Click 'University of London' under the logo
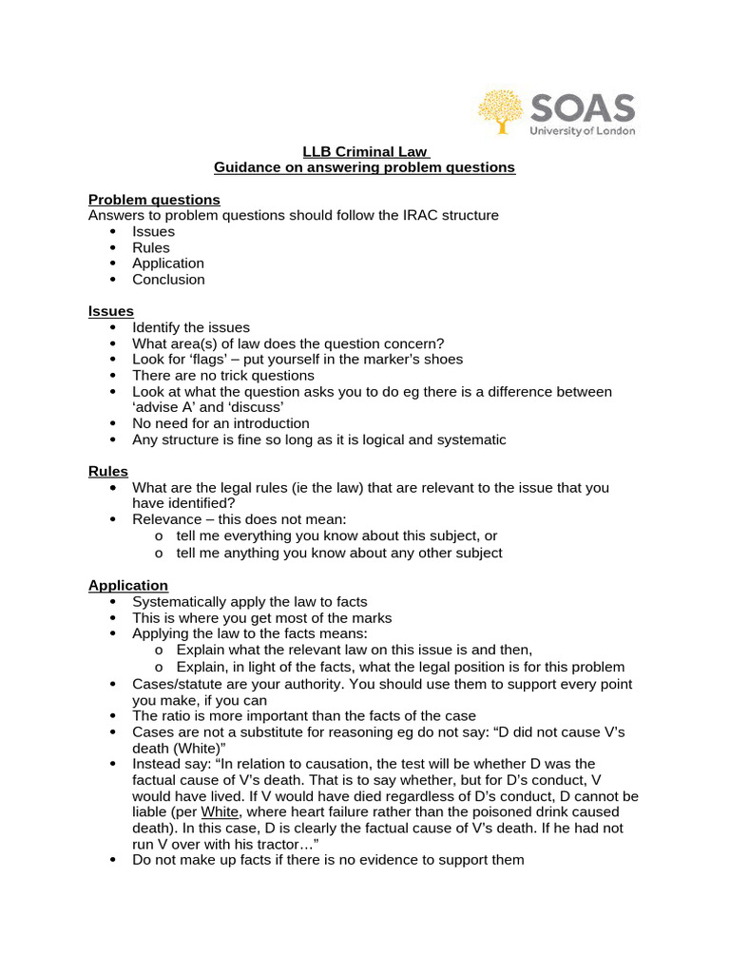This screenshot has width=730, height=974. (x=582, y=130)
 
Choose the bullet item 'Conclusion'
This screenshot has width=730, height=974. (x=168, y=280)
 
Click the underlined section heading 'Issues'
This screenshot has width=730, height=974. (x=110, y=311)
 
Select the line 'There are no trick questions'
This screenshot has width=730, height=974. (x=222, y=376)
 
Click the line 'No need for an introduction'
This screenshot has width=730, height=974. (x=221, y=423)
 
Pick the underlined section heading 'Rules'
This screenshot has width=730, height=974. (x=107, y=471)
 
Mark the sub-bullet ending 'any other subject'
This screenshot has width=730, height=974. (x=339, y=553)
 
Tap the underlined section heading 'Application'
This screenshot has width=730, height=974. (x=128, y=585)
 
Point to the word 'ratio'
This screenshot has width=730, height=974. (x=177, y=715)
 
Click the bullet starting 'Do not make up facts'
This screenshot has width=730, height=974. (x=328, y=860)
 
